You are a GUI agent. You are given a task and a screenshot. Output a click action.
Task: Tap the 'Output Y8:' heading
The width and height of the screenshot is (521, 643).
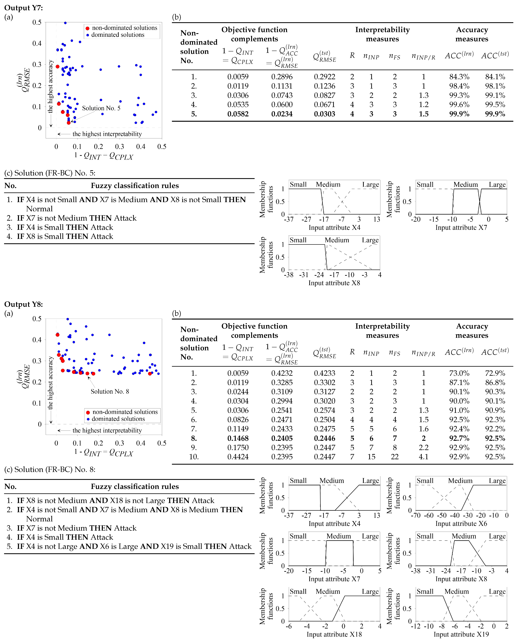(23, 304)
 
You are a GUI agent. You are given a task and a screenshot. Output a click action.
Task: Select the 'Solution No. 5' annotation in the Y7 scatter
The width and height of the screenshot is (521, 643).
(101, 108)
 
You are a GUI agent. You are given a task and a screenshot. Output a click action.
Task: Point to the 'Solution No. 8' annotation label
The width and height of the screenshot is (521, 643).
(110, 392)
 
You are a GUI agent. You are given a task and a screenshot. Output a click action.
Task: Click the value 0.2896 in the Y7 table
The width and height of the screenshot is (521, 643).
(282, 77)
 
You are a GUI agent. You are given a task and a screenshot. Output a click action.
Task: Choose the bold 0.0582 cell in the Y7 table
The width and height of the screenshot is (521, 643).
(238, 114)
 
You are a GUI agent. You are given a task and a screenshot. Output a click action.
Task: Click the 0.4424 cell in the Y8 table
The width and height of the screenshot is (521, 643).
(238, 457)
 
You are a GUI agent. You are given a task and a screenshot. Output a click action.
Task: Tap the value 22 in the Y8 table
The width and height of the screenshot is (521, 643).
(395, 457)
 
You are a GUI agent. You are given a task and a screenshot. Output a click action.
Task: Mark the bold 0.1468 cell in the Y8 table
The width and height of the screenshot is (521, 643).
(238, 438)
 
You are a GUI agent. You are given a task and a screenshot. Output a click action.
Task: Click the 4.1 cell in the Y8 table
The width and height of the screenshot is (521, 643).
(424, 457)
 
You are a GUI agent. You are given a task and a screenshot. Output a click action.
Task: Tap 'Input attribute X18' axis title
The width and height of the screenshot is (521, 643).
(334, 634)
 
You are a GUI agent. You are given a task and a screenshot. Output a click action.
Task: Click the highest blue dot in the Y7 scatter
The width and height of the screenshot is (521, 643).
(65, 23)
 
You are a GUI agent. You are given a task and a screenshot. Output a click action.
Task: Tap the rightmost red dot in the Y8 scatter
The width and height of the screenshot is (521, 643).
(150, 374)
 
